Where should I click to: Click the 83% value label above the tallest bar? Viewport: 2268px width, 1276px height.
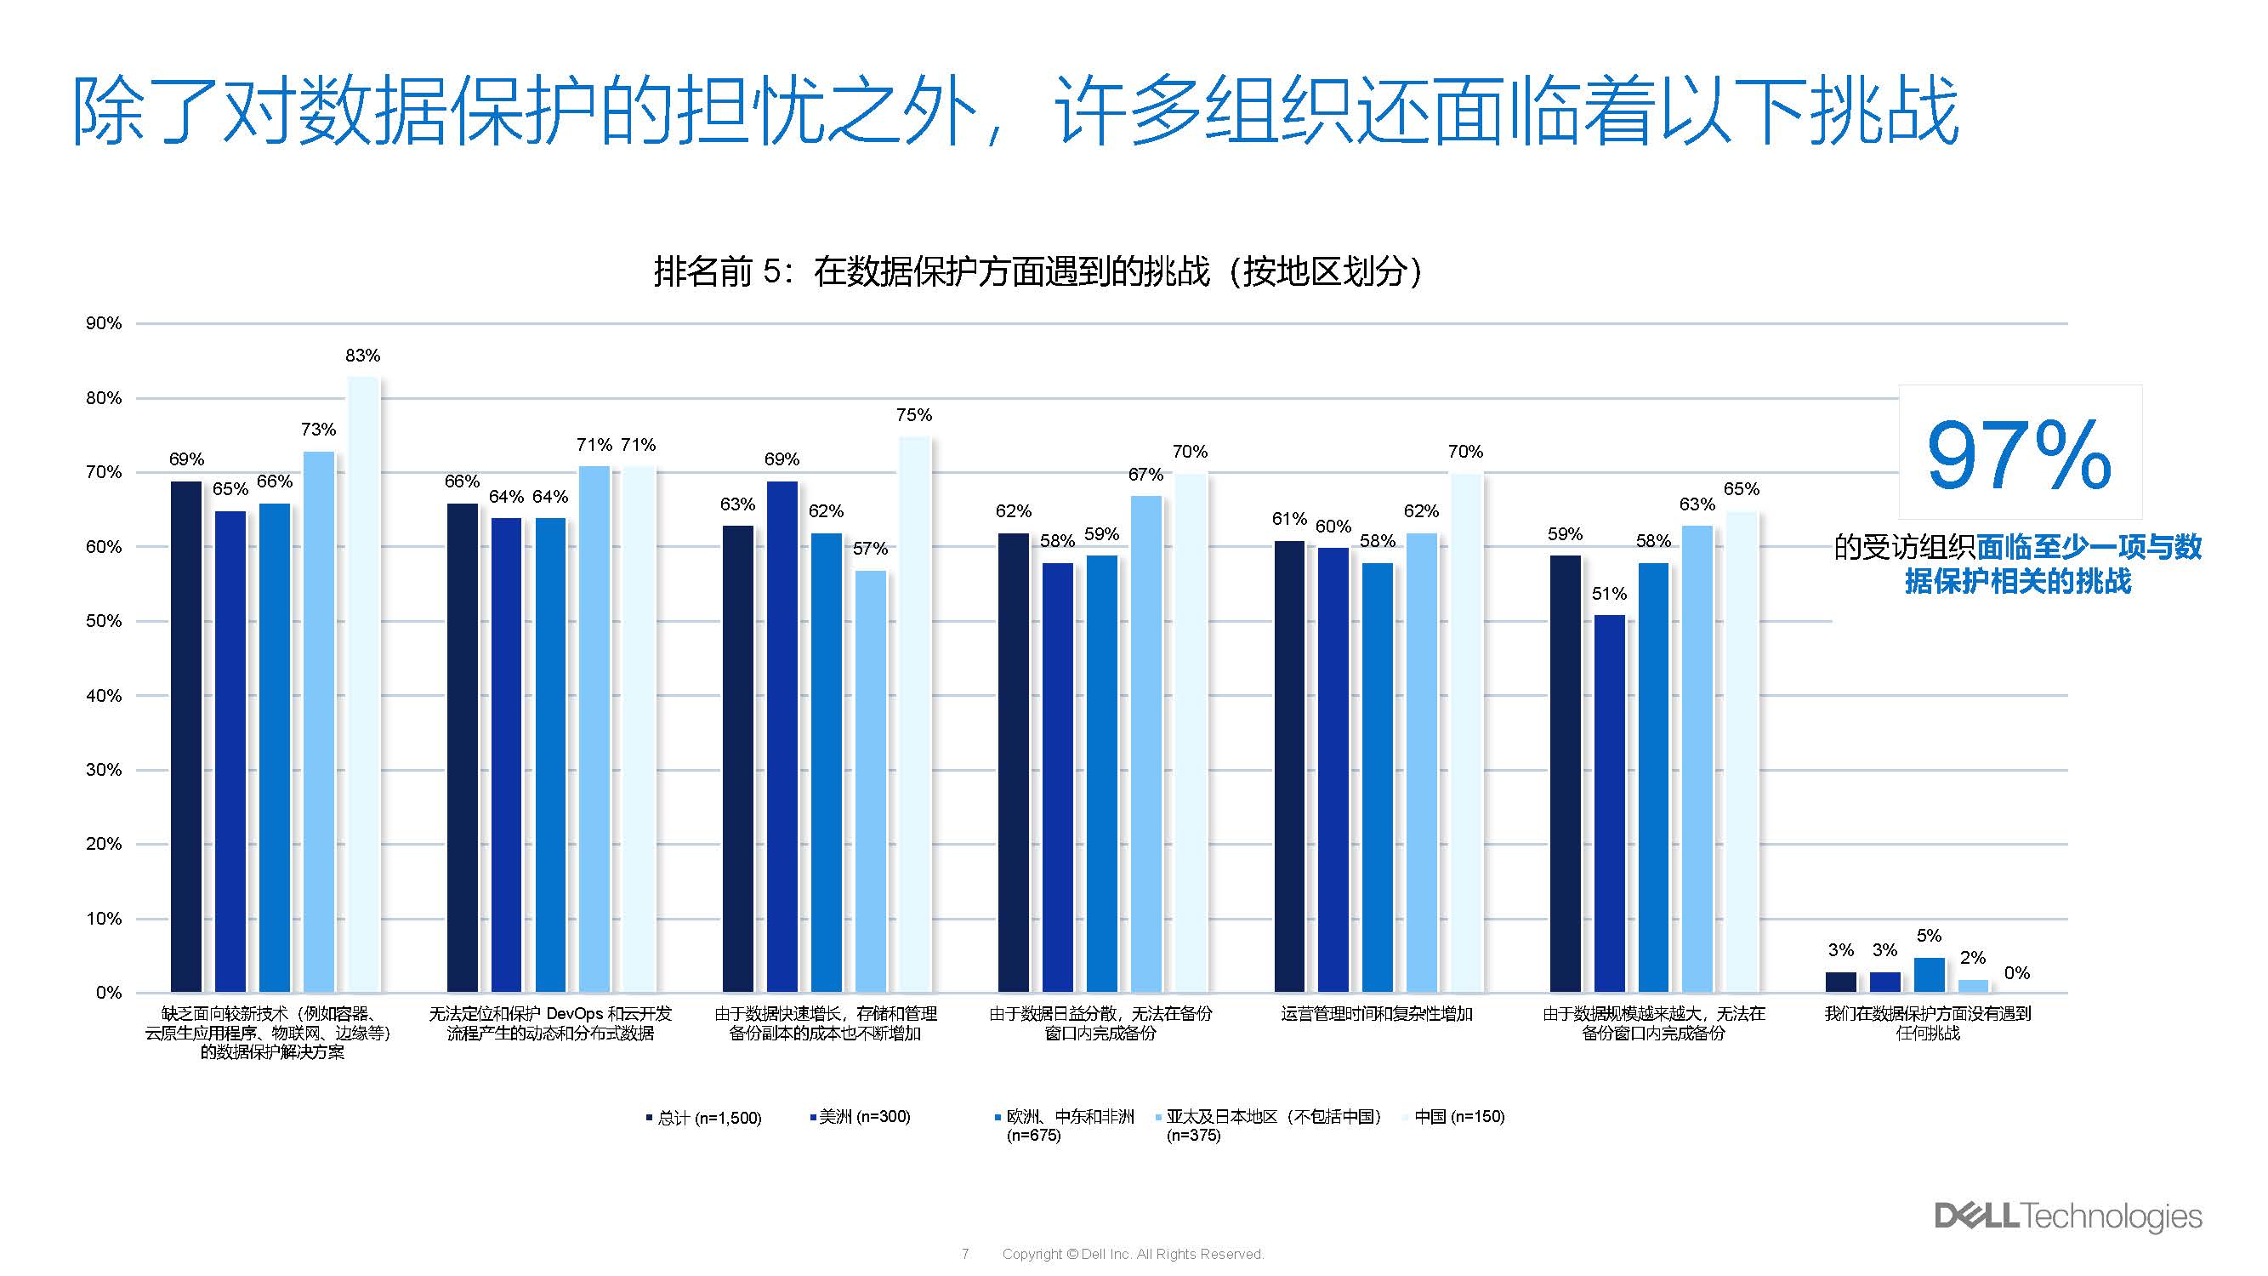(363, 356)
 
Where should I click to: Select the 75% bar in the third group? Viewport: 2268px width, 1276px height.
(914, 714)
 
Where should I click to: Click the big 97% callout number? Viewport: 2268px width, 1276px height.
(2019, 455)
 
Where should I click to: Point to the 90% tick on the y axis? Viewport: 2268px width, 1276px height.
(104, 323)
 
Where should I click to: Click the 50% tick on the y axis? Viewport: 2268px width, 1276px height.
(104, 621)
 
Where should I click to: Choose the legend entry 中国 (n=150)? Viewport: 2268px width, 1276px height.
(1459, 1117)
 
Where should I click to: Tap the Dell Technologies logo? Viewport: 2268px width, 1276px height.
(2067, 1216)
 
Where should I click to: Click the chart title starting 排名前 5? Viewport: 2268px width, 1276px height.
(1037, 271)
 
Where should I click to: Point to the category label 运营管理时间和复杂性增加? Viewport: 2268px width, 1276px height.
(1376, 1015)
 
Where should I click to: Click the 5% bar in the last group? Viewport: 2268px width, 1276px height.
(1928, 975)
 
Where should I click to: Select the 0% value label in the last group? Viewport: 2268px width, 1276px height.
(2016, 973)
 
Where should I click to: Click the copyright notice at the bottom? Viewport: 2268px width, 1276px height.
(1132, 1254)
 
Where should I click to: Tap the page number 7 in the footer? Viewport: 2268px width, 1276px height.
(965, 1254)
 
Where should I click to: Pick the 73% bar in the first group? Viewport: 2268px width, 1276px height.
(319, 722)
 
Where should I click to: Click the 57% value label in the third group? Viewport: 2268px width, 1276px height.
(870, 549)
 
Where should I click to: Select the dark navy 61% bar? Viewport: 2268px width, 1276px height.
(1289, 766)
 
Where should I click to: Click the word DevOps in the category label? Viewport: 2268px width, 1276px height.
(574, 1015)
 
